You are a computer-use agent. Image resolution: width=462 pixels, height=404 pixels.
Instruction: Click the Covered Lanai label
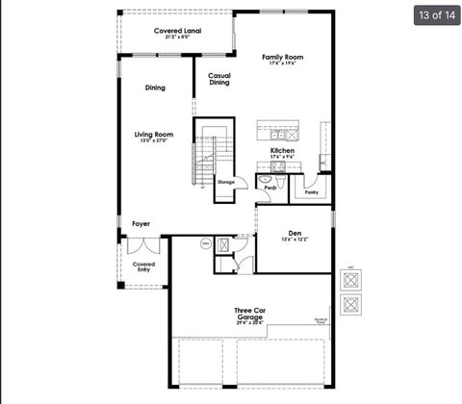[x=177, y=31]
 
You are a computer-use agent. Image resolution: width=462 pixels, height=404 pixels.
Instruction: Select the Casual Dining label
[x=219, y=79]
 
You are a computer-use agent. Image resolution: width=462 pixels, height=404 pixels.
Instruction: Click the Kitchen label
[x=282, y=151]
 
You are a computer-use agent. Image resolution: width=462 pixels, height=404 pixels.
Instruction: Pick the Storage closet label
[x=225, y=182]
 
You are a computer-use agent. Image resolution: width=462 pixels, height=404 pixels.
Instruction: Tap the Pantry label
[x=311, y=192]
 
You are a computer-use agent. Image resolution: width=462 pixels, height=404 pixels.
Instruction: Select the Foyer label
[x=141, y=223]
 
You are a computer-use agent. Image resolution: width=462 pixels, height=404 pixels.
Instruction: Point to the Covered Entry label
[x=143, y=266]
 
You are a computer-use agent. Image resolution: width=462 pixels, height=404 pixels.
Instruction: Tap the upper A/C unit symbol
[x=351, y=280]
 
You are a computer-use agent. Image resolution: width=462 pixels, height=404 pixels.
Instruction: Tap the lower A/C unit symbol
[x=351, y=305]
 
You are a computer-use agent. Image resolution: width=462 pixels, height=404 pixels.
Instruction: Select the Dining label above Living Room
[x=155, y=88]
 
